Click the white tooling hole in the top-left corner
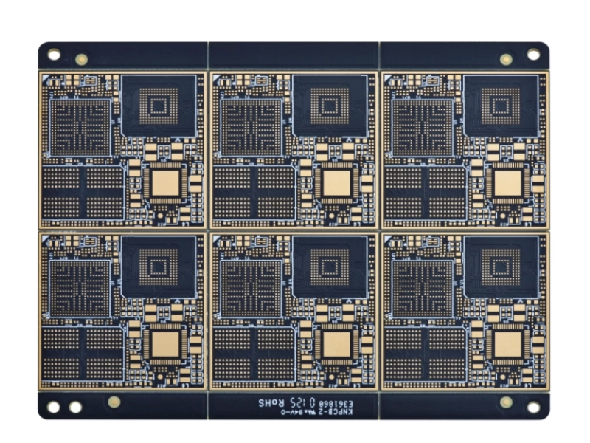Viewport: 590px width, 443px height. tap(54, 54)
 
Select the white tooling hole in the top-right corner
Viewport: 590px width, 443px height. tap(533, 55)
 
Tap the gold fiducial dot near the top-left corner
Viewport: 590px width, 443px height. tap(81, 59)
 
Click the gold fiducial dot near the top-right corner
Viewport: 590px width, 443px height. tap(506, 59)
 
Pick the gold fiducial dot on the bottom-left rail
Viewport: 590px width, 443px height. tap(114, 402)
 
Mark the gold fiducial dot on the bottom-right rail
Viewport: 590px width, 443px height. tap(506, 402)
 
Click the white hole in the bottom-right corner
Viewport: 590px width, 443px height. tap(533, 407)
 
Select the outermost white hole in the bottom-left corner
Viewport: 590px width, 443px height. tap(54, 407)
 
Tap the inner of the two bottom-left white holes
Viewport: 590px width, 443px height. tap(75, 407)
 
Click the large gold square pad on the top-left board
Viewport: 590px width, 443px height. tap(166, 182)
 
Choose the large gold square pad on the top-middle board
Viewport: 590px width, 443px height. tap(336, 182)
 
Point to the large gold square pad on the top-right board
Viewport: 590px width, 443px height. tap(507, 182)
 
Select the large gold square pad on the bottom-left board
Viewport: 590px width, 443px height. tap(166, 343)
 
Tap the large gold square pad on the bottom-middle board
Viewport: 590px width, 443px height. tap(336, 343)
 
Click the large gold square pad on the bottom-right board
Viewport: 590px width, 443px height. tap(507, 343)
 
